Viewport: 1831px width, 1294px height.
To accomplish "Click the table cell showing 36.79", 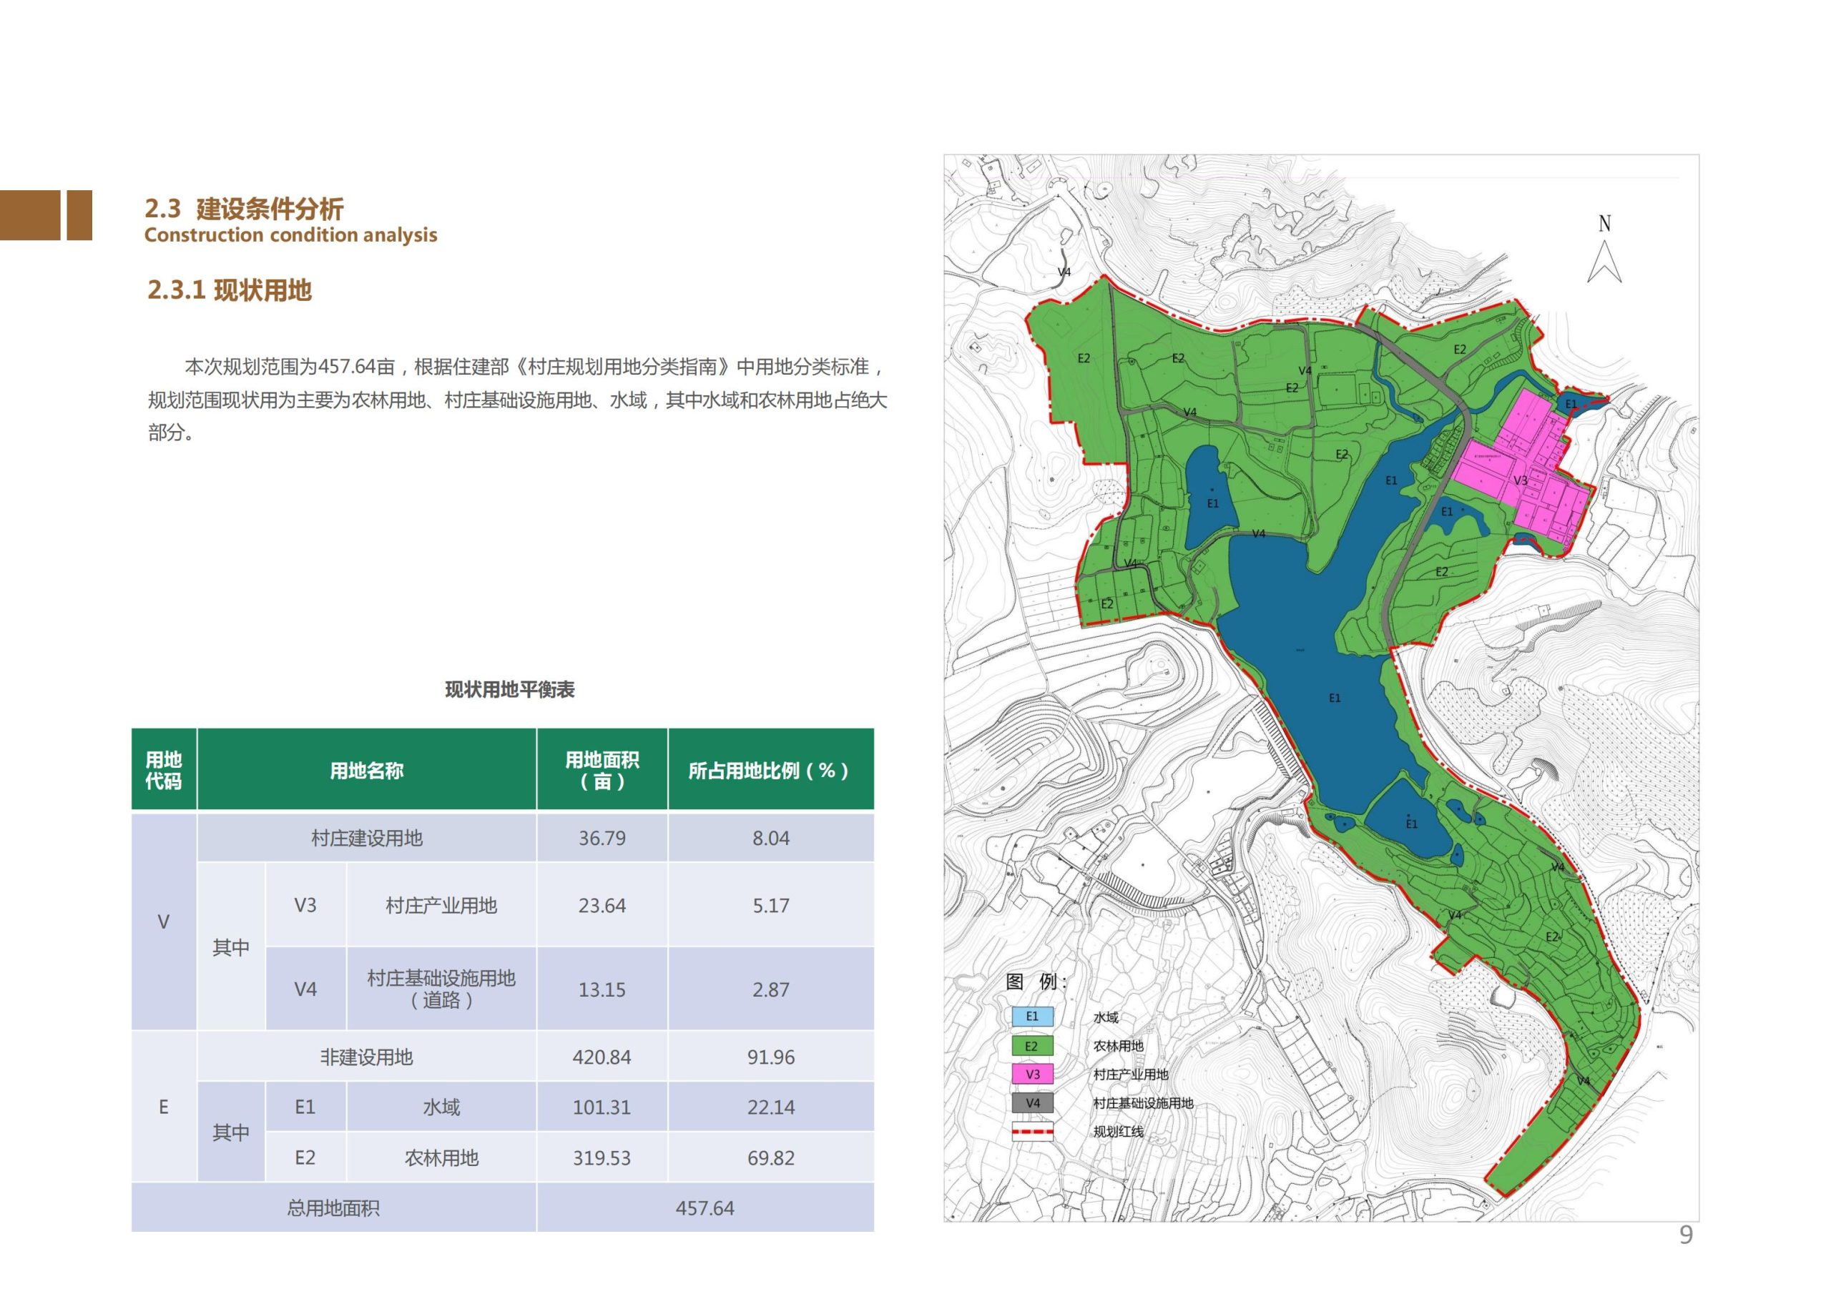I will pos(602,838).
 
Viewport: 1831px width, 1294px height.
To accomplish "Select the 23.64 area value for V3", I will pos(602,906).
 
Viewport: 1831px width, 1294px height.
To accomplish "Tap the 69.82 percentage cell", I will pos(770,1157).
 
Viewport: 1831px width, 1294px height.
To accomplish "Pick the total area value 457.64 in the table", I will pos(705,1208).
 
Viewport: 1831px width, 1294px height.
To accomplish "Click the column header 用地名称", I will pos(367,770).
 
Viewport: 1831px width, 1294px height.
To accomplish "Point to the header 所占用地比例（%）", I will pos(770,770).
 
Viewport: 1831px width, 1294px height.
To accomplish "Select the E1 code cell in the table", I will pos(305,1107).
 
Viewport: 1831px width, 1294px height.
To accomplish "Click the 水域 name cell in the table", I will pos(441,1107).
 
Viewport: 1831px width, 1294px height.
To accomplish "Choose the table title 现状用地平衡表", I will pos(509,690).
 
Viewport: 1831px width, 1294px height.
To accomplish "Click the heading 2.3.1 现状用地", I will pos(230,290).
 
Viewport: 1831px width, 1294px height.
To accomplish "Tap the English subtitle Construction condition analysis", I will pos(291,235).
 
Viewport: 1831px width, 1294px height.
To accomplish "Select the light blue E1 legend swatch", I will pos(1033,1017).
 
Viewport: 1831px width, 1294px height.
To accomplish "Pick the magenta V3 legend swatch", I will pos(1033,1074).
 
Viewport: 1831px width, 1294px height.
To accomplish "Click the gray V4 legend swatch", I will pos(1033,1102).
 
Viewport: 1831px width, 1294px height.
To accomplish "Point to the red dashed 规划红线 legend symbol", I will pos(1033,1131).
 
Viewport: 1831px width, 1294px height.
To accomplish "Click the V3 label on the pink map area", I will pos(1521,480).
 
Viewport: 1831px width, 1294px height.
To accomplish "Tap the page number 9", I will pos(1686,1235).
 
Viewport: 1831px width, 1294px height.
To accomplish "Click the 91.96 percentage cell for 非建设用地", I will pos(770,1057).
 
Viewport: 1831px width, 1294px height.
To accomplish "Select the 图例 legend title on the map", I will pos(1035,982).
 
